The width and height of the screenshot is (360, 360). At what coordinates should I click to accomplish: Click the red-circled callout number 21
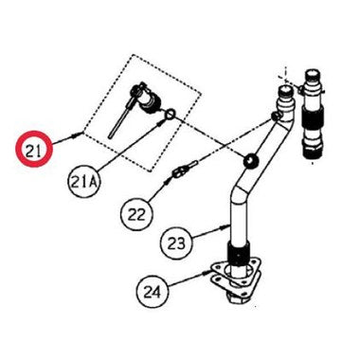click(35, 149)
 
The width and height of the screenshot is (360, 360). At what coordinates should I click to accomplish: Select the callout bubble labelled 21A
click(83, 182)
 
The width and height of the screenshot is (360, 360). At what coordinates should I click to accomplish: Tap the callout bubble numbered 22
click(136, 213)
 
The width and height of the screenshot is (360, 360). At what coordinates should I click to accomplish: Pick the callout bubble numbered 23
click(176, 243)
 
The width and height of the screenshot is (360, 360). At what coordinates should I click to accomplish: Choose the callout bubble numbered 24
click(153, 291)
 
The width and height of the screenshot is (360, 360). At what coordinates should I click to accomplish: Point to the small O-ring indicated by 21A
click(170, 114)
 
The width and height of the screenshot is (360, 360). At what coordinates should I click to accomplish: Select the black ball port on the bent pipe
click(251, 161)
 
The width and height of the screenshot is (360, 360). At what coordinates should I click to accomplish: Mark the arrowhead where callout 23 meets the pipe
click(225, 225)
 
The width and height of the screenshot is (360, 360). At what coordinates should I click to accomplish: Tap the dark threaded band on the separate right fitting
click(314, 117)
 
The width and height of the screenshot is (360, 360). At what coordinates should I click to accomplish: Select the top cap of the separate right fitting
click(314, 77)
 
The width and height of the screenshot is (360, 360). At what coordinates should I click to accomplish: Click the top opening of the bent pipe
click(285, 90)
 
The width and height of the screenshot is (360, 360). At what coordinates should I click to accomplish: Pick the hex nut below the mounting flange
click(233, 296)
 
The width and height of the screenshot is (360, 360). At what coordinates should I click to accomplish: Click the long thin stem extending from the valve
click(118, 121)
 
